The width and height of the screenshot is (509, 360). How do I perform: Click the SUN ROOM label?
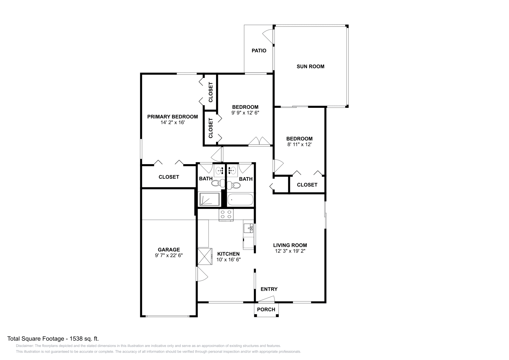tap(310, 66)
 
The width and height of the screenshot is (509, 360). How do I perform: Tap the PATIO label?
tap(259, 51)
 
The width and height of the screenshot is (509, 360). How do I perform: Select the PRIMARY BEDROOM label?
tap(172, 117)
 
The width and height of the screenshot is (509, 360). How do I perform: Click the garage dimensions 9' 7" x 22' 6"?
tap(169, 255)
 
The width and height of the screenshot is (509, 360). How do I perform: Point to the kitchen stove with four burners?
tap(226, 215)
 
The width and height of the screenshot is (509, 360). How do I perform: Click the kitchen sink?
tap(248, 228)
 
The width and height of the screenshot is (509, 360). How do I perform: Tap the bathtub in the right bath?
tap(241, 199)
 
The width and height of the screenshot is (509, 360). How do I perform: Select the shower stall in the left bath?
tap(209, 199)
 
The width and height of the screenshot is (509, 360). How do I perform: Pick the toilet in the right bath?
tap(234, 185)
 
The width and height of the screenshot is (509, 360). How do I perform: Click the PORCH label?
tap(266, 309)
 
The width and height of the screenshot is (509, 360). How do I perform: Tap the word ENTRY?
tap(269, 289)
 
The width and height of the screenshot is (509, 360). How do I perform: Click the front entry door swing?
tap(267, 299)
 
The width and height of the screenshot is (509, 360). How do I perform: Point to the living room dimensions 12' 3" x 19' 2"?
tap(290, 251)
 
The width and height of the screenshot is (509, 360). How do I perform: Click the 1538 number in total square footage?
tap(76, 339)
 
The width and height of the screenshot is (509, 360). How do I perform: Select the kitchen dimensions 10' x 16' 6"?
tap(228, 260)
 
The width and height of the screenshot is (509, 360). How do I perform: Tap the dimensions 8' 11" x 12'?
tap(299, 144)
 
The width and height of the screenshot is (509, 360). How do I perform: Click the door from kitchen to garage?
tap(202, 274)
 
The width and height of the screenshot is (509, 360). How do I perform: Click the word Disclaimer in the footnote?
tap(24, 346)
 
